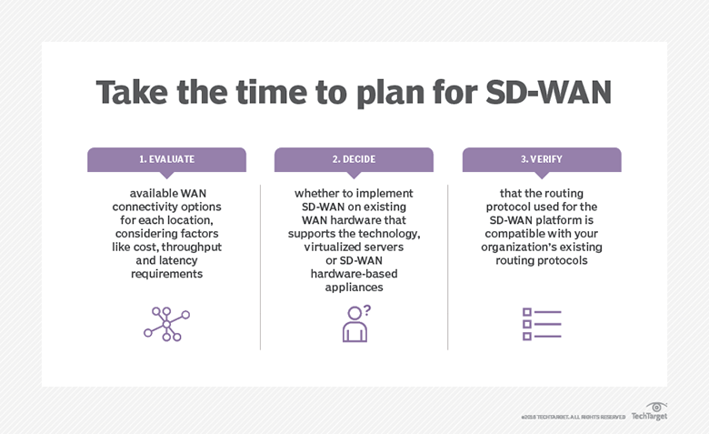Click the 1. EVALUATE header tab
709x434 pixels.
(166, 159)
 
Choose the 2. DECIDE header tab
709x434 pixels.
(354, 159)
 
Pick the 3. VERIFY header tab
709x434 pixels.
(541, 159)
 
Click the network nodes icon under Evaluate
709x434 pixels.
(166, 324)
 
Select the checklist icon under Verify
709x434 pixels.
(541, 324)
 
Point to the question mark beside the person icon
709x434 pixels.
(366, 311)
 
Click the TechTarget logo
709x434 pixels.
(649, 412)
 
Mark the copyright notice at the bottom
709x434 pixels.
(573, 417)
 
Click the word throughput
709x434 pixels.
(197, 247)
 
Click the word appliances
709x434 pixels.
(354, 287)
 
